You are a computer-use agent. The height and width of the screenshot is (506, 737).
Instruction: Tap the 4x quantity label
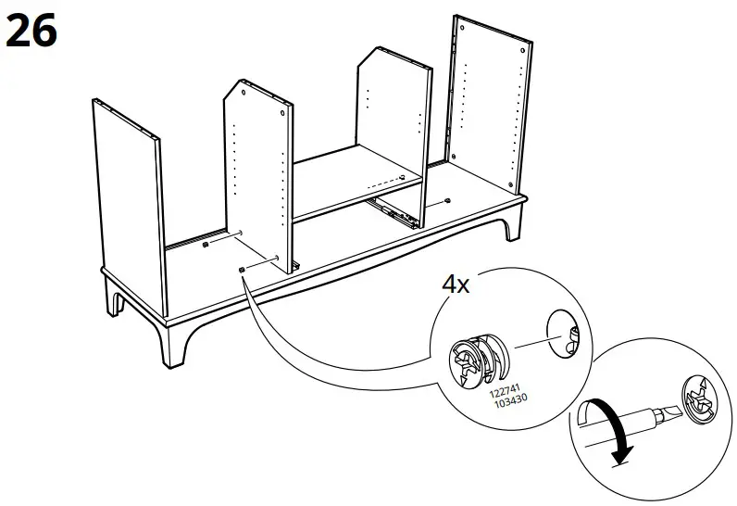pyautogui.click(x=455, y=284)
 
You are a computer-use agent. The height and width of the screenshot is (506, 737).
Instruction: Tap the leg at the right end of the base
pyautogui.click(x=512, y=225)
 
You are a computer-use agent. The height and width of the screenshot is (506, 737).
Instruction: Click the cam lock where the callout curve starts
pyautogui.click(x=242, y=270)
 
